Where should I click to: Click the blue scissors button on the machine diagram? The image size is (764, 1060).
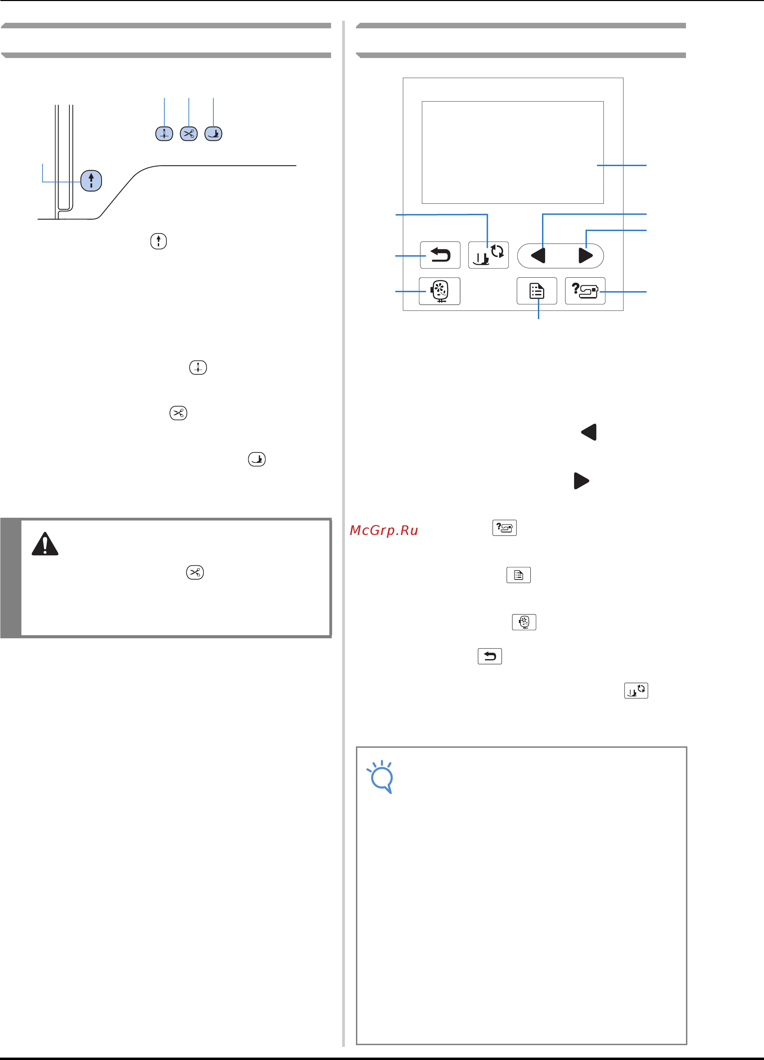click(189, 134)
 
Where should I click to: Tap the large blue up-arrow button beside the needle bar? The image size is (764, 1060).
click(91, 180)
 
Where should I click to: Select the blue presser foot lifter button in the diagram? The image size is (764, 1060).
click(214, 134)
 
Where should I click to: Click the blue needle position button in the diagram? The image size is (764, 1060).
click(164, 134)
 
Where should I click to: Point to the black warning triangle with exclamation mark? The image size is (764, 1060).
click(45, 544)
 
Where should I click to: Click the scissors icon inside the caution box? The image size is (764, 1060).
click(195, 572)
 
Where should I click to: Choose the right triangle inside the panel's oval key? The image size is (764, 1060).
click(586, 256)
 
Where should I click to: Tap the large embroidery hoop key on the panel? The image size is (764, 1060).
click(440, 291)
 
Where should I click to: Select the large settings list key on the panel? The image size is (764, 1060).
click(537, 291)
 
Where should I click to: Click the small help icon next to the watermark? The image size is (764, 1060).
click(505, 528)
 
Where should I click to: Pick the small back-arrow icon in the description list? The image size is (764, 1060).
click(490, 656)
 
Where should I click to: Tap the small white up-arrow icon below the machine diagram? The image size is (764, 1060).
click(159, 241)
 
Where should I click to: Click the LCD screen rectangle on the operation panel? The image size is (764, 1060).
click(513, 152)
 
